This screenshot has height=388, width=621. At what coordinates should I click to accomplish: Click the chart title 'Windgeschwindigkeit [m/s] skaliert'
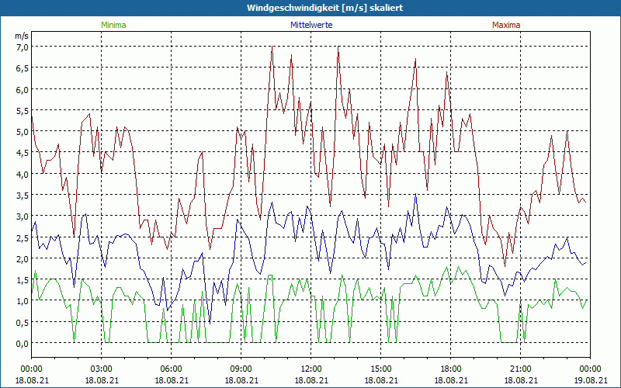coord(310,8)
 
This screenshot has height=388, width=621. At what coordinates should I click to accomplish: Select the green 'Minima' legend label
coord(113,25)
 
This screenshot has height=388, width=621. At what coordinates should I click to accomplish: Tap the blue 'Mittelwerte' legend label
coord(310,25)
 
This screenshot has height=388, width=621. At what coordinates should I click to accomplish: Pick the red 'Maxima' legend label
coord(506,25)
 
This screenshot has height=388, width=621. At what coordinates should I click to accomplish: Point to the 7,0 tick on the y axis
coord(22,47)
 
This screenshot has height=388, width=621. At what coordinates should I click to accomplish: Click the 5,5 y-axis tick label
coord(22,110)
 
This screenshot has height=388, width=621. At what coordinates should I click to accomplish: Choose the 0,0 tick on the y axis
coord(22,343)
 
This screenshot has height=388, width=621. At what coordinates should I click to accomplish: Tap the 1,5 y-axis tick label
coord(22,279)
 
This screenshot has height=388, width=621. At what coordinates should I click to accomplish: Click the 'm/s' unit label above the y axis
coord(22,36)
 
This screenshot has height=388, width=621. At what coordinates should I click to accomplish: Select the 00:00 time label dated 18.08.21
coord(31,369)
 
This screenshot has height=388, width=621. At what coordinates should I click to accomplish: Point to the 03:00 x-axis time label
coord(101,369)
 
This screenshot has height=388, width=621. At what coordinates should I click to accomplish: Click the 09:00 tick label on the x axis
coord(241,369)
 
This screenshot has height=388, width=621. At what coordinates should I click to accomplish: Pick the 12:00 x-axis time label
coord(310,369)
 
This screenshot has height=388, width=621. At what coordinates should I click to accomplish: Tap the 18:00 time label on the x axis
coord(450,369)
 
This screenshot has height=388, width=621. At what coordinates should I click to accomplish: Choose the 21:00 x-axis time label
coord(520,369)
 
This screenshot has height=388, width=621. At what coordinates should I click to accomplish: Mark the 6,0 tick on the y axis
coord(22,89)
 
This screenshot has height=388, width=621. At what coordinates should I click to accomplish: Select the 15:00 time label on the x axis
coord(380,369)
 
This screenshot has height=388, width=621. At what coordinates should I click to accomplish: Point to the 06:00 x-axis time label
coord(171,369)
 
